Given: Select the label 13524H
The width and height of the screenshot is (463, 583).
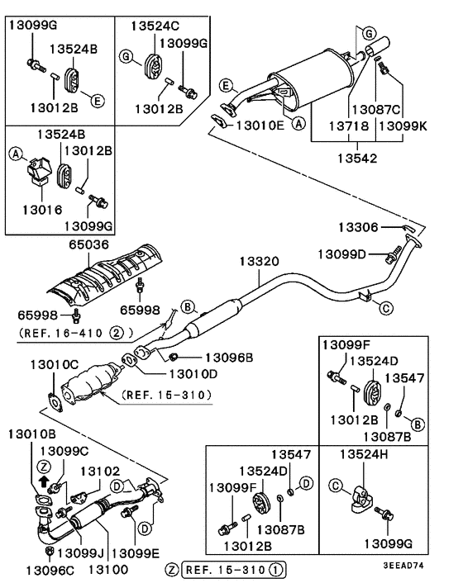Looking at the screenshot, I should (x=365, y=453).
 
